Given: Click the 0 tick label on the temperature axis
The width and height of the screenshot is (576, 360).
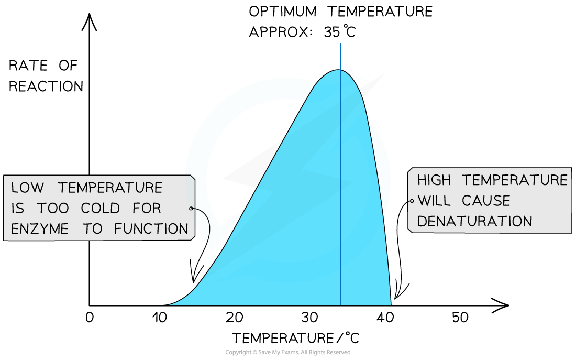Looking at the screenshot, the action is (x=90, y=318).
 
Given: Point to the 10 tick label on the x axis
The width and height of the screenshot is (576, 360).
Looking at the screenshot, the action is (x=160, y=318).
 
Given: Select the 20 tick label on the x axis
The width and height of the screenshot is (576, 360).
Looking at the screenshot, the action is (x=235, y=318).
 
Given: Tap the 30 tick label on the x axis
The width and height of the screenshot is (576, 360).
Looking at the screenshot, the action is (x=309, y=318).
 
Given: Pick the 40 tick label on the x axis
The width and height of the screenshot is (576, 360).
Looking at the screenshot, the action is (x=385, y=318).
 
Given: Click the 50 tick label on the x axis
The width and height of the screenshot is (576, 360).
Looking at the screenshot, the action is (x=460, y=318).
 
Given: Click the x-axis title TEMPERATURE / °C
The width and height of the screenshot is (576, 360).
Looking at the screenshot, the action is (x=296, y=338).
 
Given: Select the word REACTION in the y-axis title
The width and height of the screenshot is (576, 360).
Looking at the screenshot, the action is (x=46, y=86).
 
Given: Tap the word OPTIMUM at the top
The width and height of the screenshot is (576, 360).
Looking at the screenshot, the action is (x=282, y=12).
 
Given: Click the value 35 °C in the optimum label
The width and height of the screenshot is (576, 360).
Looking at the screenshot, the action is (x=340, y=31).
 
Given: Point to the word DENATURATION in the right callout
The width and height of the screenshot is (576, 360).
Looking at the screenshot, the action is (x=474, y=221).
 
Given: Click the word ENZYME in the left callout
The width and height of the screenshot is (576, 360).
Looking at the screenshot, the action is (x=40, y=228).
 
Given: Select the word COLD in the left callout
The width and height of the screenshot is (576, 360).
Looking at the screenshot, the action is (x=101, y=208).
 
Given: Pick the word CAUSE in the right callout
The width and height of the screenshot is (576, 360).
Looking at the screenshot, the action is (x=486, y=201).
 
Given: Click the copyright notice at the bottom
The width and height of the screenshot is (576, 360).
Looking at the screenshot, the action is (x=288, y=352).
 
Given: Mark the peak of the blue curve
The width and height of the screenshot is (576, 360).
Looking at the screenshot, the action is (x=338, y=70).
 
